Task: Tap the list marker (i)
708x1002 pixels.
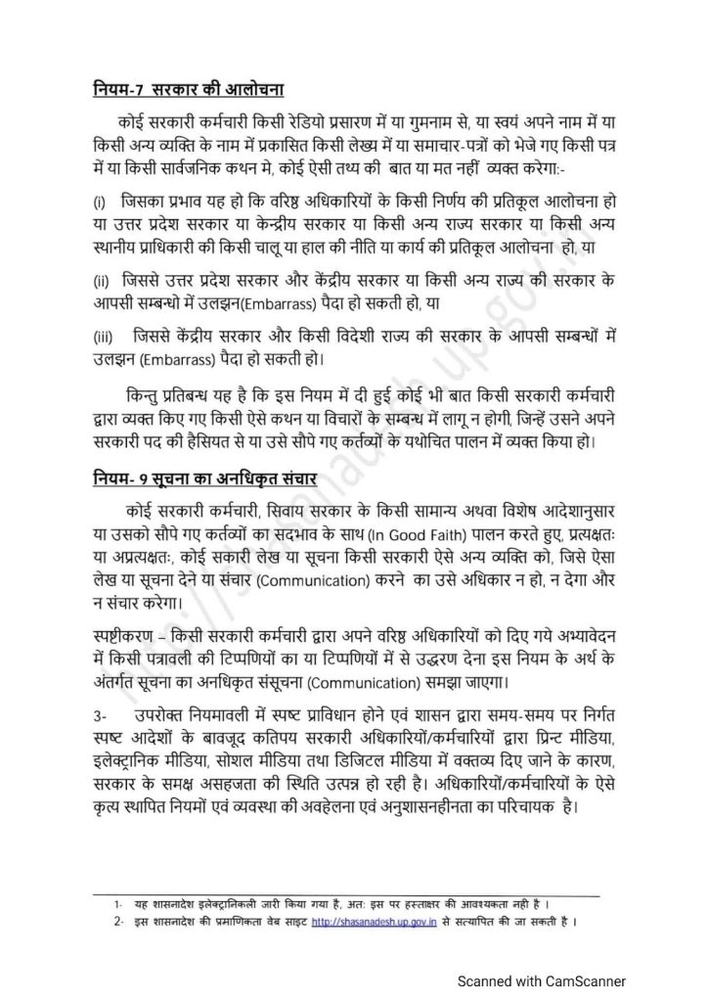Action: pos(99,202)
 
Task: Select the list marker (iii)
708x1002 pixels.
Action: pos(104,338)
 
